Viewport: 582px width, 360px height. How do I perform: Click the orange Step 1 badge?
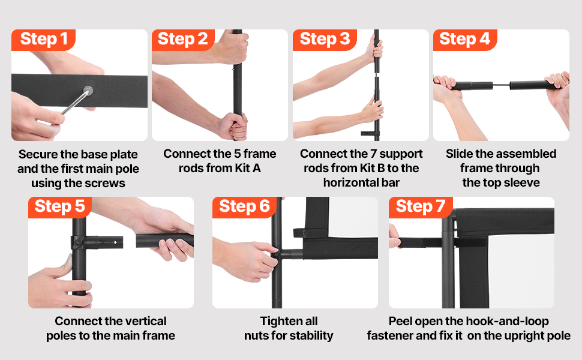pos(43,40)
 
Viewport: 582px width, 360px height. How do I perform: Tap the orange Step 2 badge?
pos(184,40)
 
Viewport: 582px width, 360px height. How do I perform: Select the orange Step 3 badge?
pos(325,40)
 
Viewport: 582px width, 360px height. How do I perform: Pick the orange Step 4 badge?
pos(465,40)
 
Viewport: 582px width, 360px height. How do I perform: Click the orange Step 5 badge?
pos(60,207)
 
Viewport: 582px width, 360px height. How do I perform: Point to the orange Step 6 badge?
pos(244,207)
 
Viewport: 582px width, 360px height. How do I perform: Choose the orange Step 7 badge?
pos(421,207)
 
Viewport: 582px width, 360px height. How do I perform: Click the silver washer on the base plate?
pos(88,90)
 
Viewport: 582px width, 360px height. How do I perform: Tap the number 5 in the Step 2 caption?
pos(237,154)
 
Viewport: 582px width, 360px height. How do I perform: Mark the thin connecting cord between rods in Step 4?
pos(501,86)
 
